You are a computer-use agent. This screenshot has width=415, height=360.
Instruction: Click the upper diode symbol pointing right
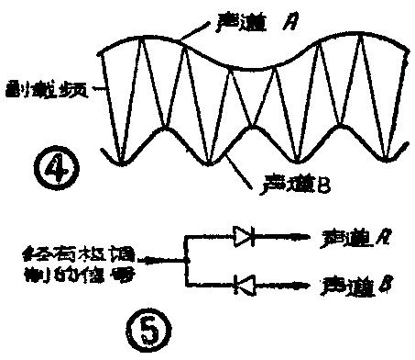point(245,238)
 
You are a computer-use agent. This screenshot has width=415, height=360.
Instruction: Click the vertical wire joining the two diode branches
point(185,262)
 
